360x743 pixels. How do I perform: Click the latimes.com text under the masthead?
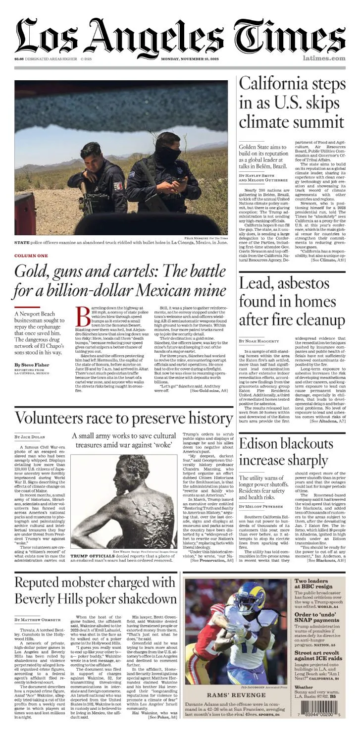tap(324, 58)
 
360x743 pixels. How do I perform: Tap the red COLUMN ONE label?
tap(31, 256)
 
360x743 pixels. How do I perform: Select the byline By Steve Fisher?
tap(32, 365)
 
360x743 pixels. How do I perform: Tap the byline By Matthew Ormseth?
tap(38, 619)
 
